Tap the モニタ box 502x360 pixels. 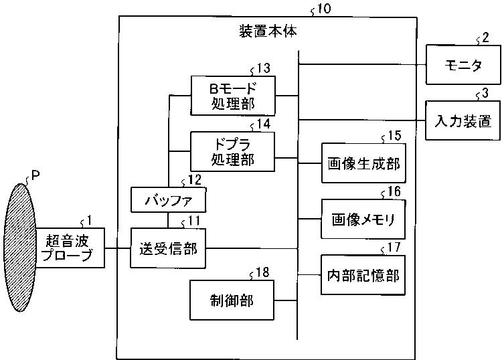(461, 65)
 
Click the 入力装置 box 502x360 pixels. (461, 121)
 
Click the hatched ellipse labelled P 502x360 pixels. (19, 247)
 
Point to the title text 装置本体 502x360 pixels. (268, 31)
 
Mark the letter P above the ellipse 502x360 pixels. (35, 175)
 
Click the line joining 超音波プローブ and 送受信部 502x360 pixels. (117, 248)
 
